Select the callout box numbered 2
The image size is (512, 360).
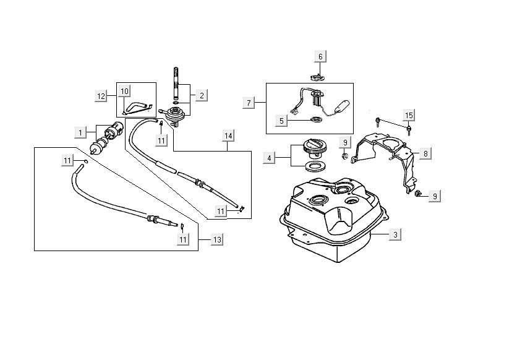point(202,95)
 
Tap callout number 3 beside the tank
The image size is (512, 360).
point(395,234)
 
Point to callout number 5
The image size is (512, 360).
point(281,121)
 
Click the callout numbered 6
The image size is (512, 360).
point(320,57)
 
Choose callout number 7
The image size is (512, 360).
point(249,102)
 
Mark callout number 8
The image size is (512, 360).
point(425,152)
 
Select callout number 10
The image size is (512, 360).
point(124,91)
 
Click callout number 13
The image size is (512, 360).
point(216,239)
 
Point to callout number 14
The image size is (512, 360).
point(228,135)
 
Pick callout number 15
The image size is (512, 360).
point(408,116)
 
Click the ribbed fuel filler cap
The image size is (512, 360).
point(315,149)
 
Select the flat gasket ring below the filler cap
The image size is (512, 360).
point(315,166)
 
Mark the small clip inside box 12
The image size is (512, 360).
point(138,108)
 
